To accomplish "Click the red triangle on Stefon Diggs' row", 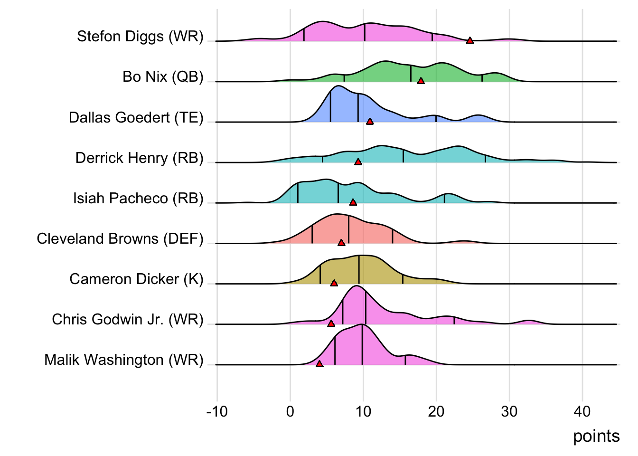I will (470, 40).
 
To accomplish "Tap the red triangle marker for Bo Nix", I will (421, 81).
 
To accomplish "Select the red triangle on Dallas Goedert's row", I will (370, 122).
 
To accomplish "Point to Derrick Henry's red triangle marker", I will (358, 162).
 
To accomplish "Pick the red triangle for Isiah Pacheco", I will (353, 202).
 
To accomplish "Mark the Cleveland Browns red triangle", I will (341, 243).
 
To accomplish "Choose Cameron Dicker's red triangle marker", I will (334, 283).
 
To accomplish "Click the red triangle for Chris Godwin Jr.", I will (331, 323).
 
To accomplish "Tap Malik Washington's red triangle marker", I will (319, 364).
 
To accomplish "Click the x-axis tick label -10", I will (217, 411).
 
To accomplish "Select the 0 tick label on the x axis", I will (290, 411).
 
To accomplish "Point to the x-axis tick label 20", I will (436, 411).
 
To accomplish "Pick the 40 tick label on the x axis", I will (582, 411).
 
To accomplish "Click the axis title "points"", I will (596, 436).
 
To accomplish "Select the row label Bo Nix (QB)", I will (163, 76).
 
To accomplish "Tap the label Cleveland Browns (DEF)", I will (120, 238).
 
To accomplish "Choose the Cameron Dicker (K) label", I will (136, 279).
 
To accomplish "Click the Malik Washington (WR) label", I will (124, 360).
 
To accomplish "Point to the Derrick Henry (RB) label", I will (140, 158).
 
